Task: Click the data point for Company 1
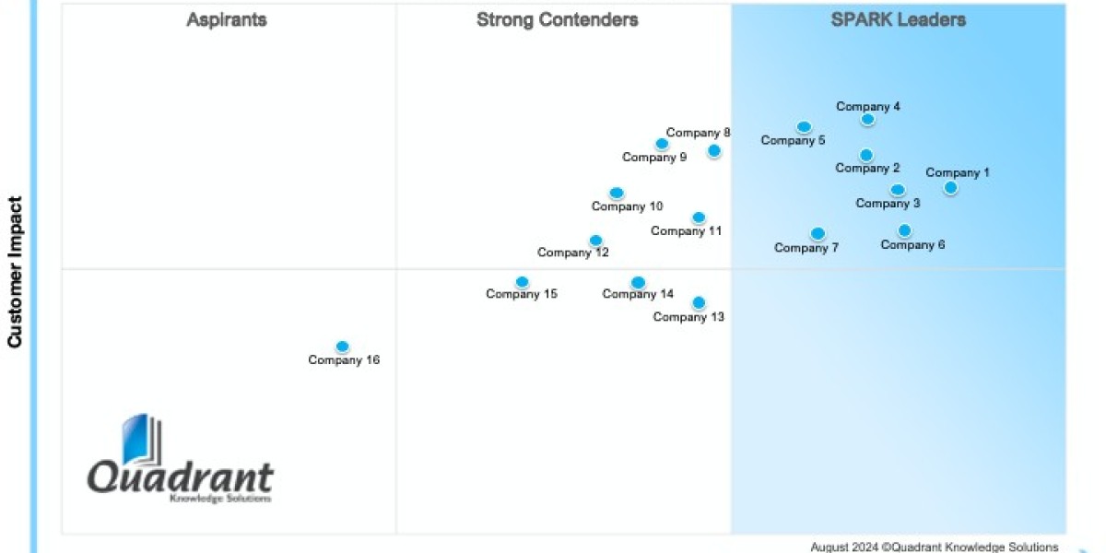click(x=950, y=188)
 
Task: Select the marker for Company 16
click(x=342, y=347)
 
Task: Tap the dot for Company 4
click(x=867, y=119)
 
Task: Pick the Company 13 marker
click(x=699, y=302)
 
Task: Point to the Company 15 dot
click(x=522, y=281)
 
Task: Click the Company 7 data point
click(x=818, y=233)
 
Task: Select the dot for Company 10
click(x=617, y=193)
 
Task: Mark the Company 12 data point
click(x=595, y=240)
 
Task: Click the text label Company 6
click(x=912, y=245)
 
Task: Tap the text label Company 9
click(x=654, y=158)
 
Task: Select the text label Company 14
click(x=638, y=295)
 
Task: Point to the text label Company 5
click(x=793, y=141)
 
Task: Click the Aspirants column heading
click(x=227, y=20)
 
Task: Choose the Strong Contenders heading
click(x=557, y=20)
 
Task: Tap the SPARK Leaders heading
click(x=899, y=20)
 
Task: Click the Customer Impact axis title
click(x=15, y=272)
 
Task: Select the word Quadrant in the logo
click(x=181, y=477)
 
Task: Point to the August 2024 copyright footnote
click(x=935, y=547)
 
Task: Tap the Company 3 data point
click(x=897, y=190)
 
